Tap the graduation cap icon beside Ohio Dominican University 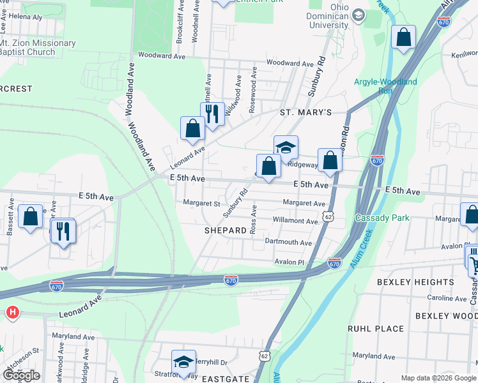click(358, 15)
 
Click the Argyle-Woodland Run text click(385, 86)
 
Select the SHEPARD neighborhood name click(225, 230)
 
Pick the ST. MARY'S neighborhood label click(306, 112)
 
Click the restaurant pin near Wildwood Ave click(212, 114)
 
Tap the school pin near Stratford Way click(183, 362)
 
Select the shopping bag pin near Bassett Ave click(30, 217)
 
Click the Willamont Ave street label click(295, 221)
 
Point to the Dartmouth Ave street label click(288, 243)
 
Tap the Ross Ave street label click(254, 220)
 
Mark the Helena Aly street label click(24, 15)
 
